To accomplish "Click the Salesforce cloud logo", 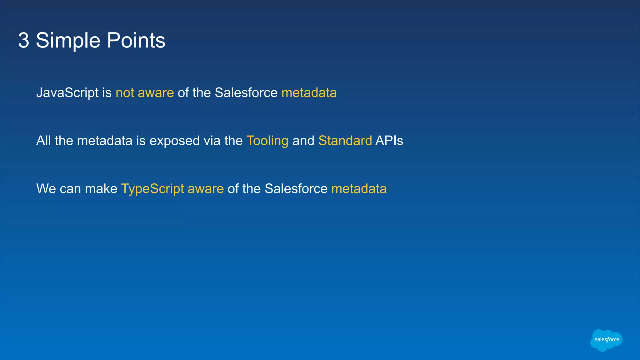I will [x=606, y=340].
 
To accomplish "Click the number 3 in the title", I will [x=24, y=41].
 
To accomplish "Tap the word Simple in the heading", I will [x=68, y=41].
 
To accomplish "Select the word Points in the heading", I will [x=136, y=41].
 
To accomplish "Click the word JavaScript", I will [x=67, y=93].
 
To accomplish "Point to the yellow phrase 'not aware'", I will [x=145, y=93].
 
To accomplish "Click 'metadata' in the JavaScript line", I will [x=309, y=93].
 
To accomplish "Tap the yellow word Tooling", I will [x=267, y=141].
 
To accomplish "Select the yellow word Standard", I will [x=345, y=141].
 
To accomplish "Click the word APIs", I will [x=389, y=141].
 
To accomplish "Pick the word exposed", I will [x=175, y=141].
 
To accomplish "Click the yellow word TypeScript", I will [x=152, y=189].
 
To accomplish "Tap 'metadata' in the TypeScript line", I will [x=359, y=189].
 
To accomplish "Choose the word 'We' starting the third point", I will [x=46, y=189].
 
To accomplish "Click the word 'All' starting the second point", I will [x=43, y=141].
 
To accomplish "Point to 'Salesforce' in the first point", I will [x=246, y=93].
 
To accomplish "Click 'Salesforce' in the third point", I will [x=296, y=189].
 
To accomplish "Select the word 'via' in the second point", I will [x=212, y=141].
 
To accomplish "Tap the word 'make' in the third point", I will [x=101, y=189].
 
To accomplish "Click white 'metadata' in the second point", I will [x=105, y=141].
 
